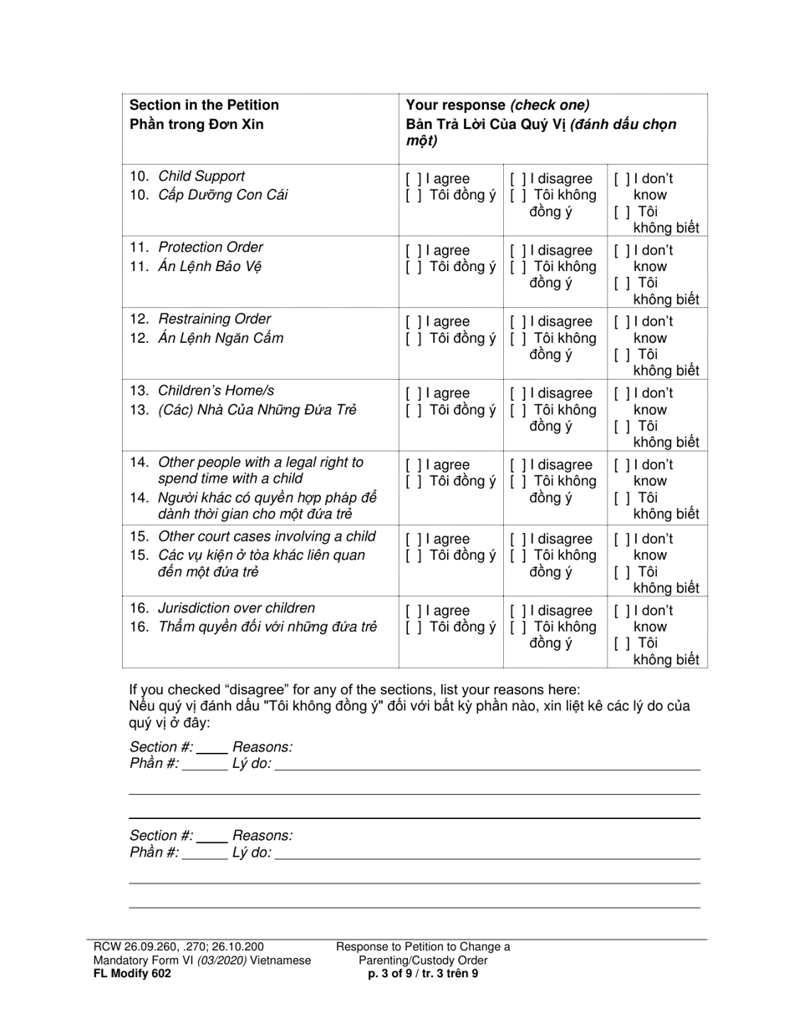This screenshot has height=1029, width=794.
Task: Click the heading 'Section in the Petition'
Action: (204, 105)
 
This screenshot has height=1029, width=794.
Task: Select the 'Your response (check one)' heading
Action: (497, 105)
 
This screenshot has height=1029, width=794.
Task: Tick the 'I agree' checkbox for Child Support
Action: (413, 179)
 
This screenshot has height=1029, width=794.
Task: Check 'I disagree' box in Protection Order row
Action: (518, 251)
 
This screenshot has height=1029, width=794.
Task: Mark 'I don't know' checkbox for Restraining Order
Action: (622, 322)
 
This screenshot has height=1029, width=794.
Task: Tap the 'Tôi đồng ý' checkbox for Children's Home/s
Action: (413, 410)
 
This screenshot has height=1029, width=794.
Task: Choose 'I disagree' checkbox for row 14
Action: (518, 465)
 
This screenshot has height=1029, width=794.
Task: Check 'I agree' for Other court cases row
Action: (413, 540)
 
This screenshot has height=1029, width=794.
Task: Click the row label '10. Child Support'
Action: (187, 177)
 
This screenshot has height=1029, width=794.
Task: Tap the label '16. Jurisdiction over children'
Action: (222, 608)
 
